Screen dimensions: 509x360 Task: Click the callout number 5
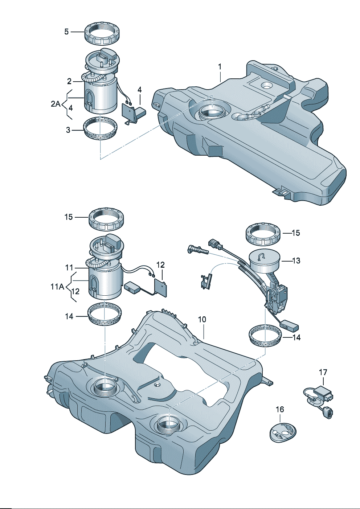point(66,32)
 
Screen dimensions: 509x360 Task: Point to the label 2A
point(56,104)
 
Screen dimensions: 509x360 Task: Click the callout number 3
point(68,130)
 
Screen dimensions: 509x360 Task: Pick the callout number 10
point(202,319)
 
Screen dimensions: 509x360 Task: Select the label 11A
point(57,287)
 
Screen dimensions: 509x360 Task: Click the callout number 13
point(296,260)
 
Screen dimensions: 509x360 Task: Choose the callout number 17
point(323,372)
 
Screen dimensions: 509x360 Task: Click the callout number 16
point(280,410)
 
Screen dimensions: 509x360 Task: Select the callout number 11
point(69,268)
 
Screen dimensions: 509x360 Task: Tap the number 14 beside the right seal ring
point(296,337)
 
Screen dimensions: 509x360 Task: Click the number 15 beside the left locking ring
point(69,217)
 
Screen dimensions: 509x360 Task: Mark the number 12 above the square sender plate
point(160,265)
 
